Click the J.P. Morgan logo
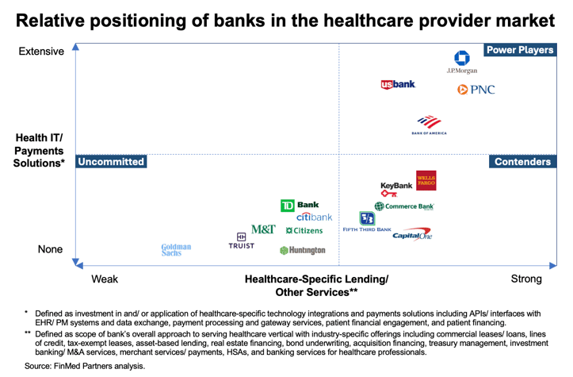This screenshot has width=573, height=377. coord(461,62)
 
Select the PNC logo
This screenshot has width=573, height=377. coord(476,90)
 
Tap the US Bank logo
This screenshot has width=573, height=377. coord(398,85)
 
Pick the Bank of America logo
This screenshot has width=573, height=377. coord(429,125)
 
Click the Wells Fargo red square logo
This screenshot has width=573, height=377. coord(426,181)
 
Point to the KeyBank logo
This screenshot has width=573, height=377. coord(396,189)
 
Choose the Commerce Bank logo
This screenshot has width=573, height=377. coord(404,206)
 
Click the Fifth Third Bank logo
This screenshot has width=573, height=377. coord(367,221)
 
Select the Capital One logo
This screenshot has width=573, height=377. coord(412,234)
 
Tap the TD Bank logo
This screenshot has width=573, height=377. coord(300,206)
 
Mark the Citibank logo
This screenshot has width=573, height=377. coord(315,217)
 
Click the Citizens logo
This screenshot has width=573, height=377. coord(304,231)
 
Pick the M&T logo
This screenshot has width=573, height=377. coord(263,229)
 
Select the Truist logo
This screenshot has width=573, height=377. coord(242,241)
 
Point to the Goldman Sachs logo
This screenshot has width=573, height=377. coord(176,250)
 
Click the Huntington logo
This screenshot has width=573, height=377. coord(303,250)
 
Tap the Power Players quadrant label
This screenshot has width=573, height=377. coord(519,50)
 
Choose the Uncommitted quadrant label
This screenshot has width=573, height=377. coord(111,162)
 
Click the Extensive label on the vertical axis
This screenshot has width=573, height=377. coord(41,52)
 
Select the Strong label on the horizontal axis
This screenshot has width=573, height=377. coord(526,279)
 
